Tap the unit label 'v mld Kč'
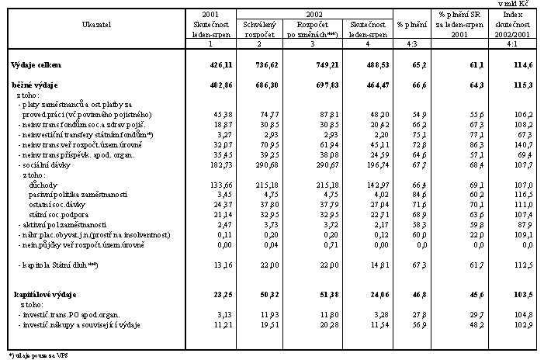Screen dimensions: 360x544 [525, 4]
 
